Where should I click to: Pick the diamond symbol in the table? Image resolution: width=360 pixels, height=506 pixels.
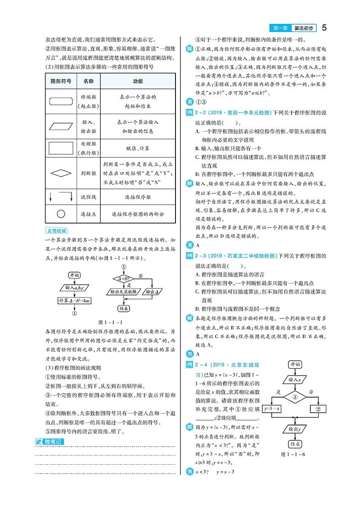61,172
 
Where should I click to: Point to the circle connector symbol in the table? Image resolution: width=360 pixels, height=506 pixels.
61,214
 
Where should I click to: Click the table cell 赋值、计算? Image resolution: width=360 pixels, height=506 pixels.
138,148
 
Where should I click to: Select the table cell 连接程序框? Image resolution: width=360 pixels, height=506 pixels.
138,197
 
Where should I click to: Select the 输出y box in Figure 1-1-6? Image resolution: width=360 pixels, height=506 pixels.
295,428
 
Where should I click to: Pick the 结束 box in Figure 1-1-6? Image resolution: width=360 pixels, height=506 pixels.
295,443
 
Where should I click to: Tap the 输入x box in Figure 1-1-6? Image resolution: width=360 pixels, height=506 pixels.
295,380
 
